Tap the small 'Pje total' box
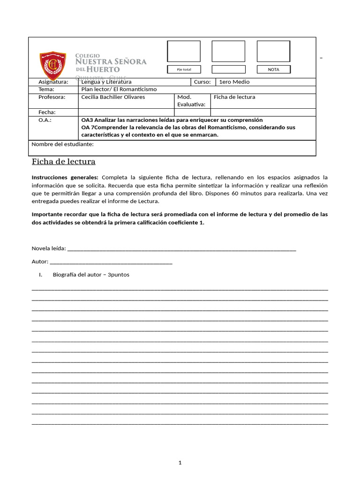[184, 69]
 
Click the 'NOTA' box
[273, 69]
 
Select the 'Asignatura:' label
[53, 82]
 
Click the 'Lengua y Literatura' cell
[106, 82]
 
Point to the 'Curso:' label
[202, 82]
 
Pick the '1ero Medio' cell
[234, 82]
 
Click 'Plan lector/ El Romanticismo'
[119, 89]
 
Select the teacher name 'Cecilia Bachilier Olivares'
[113, 97]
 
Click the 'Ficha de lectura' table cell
[234, 97]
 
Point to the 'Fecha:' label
[47, 112]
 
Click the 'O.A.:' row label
[45, 120]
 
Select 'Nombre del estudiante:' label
[62, 144]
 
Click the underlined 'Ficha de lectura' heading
[63, 162]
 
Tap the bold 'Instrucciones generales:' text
[65, 177]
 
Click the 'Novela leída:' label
[49, 248]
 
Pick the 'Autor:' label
[40, 262]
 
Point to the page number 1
[180, 463]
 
